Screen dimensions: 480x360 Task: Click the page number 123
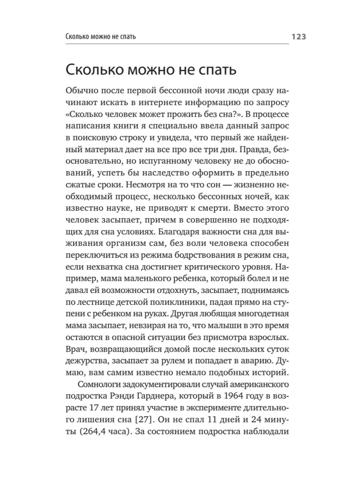(x=297, y=37)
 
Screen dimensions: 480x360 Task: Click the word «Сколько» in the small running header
(x=77, y=37)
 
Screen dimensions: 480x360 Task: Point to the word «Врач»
(x=74, y=349)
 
